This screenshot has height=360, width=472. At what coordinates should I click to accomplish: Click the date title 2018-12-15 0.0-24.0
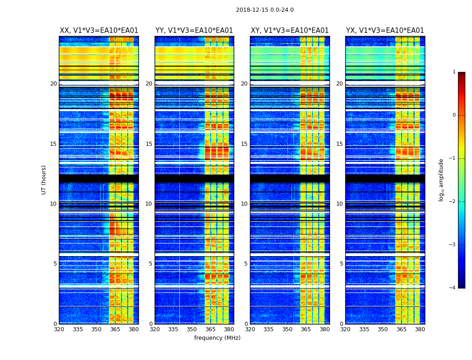[x=265, y=10]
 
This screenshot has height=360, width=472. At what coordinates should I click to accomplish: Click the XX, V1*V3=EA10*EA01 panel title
[x=99, y=31]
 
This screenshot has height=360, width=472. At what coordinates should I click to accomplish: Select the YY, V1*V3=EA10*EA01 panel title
[x=194, y=31]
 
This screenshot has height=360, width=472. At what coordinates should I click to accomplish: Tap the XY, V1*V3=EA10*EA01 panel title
[x=289, y=31]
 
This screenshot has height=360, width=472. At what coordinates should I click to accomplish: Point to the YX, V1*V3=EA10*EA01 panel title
[x=385, y=31]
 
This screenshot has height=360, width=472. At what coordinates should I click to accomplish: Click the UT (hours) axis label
[x=44, y=180]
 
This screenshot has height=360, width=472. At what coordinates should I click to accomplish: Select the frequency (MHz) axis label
[x=217, y=338]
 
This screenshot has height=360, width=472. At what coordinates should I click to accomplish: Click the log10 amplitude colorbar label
[x=441, y=180]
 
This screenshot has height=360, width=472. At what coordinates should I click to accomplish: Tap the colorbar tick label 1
[x=454, y=72]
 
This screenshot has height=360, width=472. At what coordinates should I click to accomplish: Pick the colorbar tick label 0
[x=454, y=115]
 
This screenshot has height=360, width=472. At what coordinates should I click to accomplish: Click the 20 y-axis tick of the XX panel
[x=53, y=84]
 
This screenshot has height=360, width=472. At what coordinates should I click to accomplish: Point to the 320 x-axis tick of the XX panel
[x=59, y=329]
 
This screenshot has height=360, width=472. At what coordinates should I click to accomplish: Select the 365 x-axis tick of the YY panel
[x=210, y=329]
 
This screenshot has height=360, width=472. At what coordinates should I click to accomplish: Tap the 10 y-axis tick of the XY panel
[x=244, y=204]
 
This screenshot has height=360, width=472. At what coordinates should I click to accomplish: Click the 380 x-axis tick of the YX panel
[x=420, y=329]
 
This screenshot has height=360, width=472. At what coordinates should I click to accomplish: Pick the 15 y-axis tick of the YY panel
[x=149, y=144]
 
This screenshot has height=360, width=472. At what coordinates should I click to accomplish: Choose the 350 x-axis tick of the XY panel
[x=287, y=329]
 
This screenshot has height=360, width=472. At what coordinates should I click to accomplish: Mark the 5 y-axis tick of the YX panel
[x=341, y=264]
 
